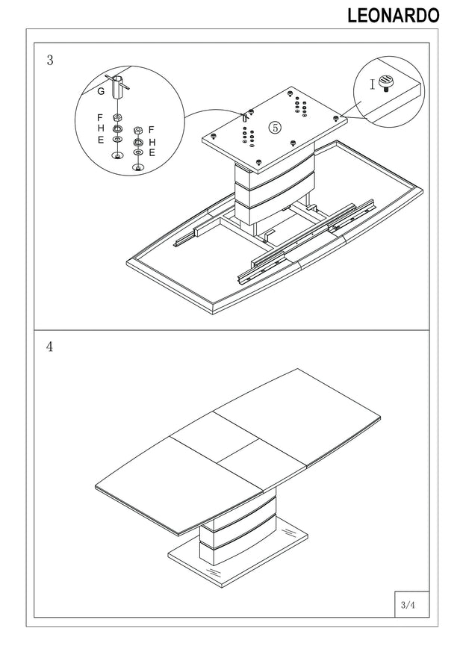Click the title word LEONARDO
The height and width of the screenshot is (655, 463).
click(394, 16)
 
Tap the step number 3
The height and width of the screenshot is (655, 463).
click(50, 60)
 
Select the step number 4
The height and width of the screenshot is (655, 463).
click(50, 347)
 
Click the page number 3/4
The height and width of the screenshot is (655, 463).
click(408, 604)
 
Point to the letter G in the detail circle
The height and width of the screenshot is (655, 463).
click(101, 91)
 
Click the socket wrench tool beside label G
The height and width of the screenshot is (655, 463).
click(117, 87)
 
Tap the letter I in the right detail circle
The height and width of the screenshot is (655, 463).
click(373, 85)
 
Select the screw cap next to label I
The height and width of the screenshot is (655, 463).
click(386, 82)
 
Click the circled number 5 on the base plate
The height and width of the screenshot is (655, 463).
click(275, 128)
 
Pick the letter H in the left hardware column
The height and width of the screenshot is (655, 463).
click(101, 128)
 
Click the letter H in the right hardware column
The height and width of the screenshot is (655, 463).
click(152, 143)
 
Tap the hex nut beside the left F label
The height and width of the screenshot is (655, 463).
click(117, 117)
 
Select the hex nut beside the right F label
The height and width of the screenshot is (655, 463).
click(137, 131)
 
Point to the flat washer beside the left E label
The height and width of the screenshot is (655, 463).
click(118, 140)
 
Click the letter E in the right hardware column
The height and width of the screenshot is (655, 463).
click(152, 153)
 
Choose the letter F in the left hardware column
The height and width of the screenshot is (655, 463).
click(100, 118)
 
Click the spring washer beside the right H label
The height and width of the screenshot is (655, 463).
click(137, 143)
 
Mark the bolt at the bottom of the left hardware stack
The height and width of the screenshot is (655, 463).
click(117, 156)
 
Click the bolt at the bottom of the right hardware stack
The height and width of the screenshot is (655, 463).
click(137, 168)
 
